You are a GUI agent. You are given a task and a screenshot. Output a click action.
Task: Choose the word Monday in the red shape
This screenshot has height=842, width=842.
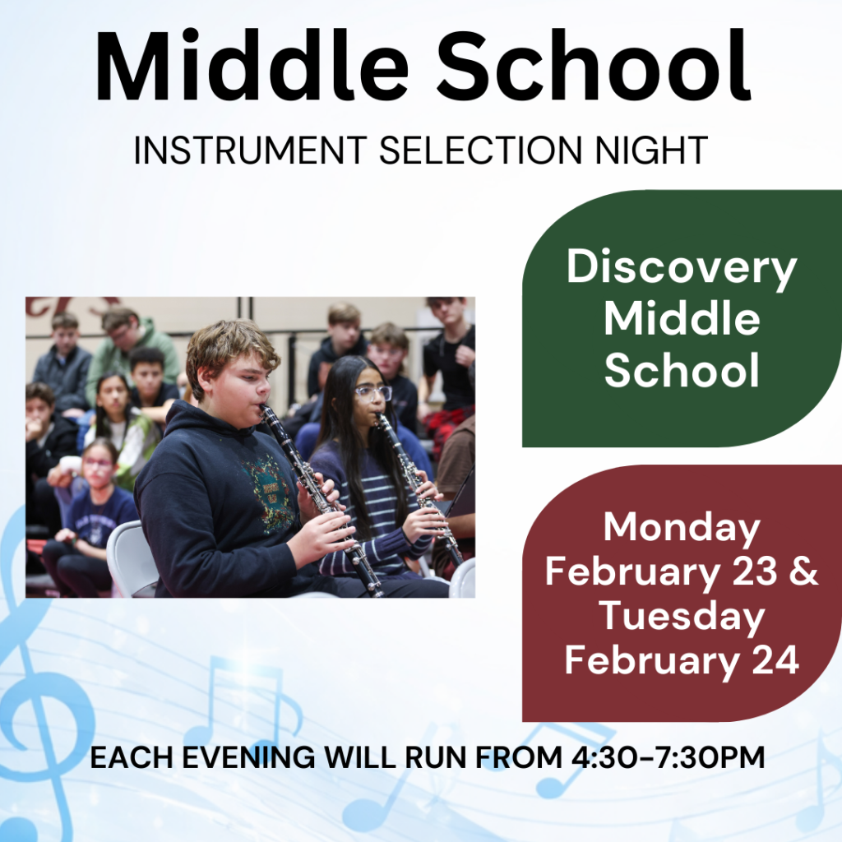[682, 528]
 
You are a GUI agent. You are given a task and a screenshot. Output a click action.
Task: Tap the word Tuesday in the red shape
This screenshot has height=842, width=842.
[682, 617]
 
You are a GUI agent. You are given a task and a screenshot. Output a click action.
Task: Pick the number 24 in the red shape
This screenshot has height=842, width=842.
[773, 660]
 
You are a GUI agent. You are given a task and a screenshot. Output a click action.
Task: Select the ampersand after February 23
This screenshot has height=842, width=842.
[804, 572]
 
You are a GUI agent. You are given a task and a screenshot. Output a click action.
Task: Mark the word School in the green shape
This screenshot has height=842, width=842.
[682, 372]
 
